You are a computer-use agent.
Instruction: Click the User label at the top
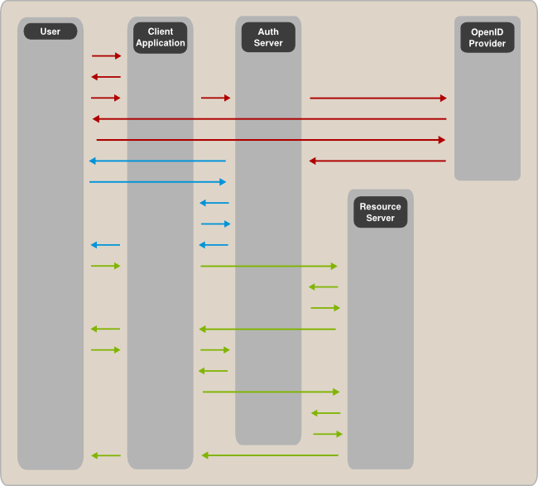click(x=50, y=31)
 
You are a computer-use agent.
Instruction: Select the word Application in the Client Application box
click(x=161, y=43)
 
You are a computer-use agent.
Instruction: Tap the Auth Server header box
click(x=268, y=37)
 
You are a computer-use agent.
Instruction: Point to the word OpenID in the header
click(x=487, y=31)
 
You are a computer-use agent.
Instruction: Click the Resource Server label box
click(x=380, y=212)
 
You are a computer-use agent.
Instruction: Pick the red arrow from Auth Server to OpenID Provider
click(x=378, y=99)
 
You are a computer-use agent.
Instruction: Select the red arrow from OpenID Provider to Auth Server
click(x=377, y=161)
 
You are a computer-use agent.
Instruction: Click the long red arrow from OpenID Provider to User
click(x=269, y=119)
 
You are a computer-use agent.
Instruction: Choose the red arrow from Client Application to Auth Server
click(x=215, y=99)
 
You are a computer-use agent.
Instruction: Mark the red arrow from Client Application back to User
click(x=106, y=77)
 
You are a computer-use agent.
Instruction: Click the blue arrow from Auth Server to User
click(x=157, y=161)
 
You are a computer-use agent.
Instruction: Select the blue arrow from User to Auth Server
click(x=157, y=182)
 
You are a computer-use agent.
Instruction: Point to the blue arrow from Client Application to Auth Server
click(x=215, y=224)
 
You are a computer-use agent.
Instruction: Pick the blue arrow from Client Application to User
click(x=105, y=245)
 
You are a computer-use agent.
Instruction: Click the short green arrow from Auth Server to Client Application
click(x=213, y=371)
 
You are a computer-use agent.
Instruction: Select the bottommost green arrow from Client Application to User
click(x=106, y=455)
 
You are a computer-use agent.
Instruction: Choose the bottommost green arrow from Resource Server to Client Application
click(x=270, y=455)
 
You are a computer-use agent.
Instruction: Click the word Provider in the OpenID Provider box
click(x=487, y=43)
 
